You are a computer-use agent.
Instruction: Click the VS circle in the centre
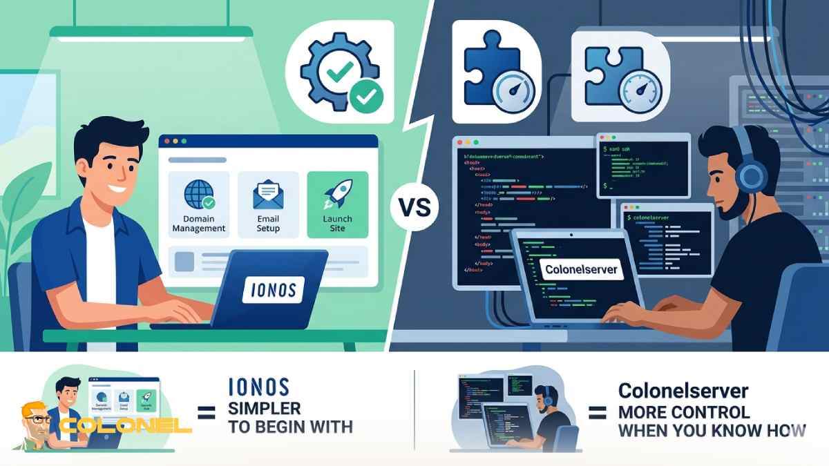click(414, 206)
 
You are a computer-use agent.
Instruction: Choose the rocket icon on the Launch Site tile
click(337, 193)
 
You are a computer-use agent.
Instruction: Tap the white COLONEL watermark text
click(124, 425)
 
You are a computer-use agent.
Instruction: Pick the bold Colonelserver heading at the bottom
click(683, 391)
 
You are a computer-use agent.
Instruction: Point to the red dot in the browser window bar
click(166, 141)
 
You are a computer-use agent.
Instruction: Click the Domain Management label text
click(199, 224)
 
